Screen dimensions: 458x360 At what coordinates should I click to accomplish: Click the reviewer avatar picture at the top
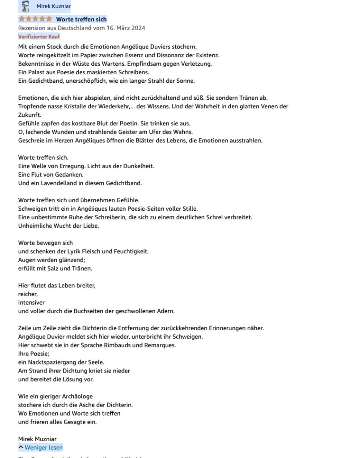(x=25, y=6)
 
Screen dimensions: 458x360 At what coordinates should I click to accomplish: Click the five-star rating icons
(x=35, y=19)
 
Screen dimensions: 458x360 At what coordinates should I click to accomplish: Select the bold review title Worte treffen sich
(x=81, y=19)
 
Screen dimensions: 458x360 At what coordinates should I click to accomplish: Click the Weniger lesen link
(x=41, y=447)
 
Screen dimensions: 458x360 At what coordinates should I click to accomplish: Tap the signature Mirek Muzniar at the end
(x=37, y=439)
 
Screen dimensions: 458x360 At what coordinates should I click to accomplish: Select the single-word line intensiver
(x=31, y=302)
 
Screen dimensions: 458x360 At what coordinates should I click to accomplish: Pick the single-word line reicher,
(x=28, y=294)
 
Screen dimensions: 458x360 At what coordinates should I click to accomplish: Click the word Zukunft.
(x=30, y=115)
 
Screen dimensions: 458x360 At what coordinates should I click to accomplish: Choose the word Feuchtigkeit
(x=129, y=251)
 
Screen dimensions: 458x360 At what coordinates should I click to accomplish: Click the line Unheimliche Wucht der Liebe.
(x=59, y=226)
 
